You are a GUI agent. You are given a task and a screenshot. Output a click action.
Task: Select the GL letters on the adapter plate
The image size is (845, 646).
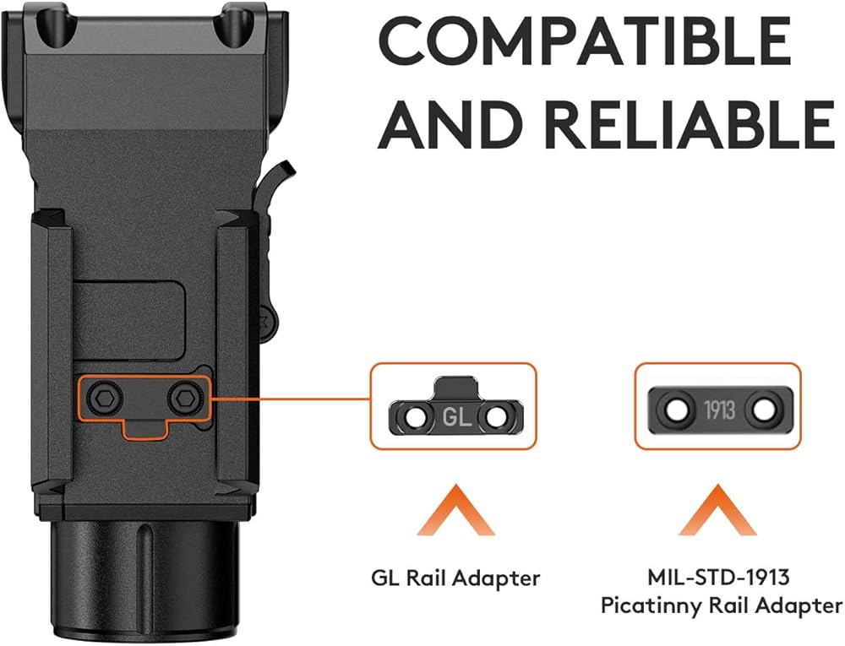point(455,416)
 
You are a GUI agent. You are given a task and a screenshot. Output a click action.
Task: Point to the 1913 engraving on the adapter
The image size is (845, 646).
point(719,411)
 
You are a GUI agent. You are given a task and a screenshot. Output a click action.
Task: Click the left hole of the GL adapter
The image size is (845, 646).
point(414,417)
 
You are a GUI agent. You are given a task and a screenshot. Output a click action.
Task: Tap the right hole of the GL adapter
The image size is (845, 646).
point(494,417)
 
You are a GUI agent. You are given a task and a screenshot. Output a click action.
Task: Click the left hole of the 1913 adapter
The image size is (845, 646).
point(676,411)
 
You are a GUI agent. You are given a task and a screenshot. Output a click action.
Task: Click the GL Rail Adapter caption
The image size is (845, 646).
point(455,578)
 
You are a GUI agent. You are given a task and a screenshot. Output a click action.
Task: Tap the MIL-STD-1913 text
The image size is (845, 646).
point(719,578)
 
